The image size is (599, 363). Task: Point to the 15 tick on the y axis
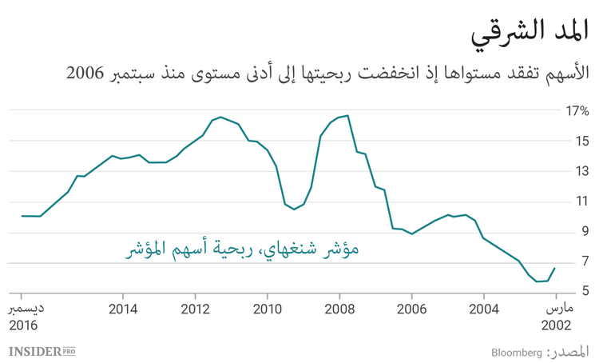point(581,142)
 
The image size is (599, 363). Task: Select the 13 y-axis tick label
point(581,171)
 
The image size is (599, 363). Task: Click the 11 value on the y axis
point(581,201)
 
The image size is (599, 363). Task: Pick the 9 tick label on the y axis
point(585,231)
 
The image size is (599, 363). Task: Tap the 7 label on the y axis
point(585,261)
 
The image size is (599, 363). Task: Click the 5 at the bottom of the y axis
point(585,291)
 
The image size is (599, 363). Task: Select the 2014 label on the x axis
point(122,309)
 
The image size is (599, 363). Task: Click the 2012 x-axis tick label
point(195,309)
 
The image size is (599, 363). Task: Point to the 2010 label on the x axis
point(267,309)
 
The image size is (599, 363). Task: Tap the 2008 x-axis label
point(339,309)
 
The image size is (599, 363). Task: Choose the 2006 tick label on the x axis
point(411,309)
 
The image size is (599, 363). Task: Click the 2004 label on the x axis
point(484,309)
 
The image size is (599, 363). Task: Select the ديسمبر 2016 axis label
point(23,317)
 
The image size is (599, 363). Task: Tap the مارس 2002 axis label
point(555,317)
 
